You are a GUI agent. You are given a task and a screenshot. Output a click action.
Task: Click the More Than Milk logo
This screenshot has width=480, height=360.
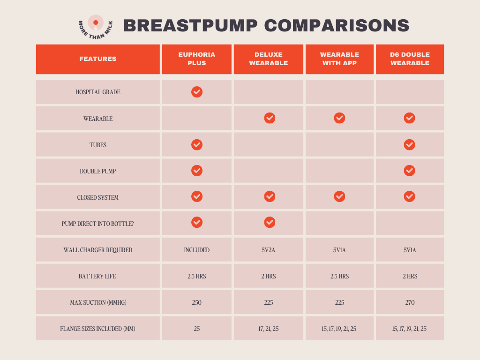click(x=96, y=26)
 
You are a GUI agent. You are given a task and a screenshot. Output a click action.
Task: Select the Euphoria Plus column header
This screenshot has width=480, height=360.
click(x=197, y=59)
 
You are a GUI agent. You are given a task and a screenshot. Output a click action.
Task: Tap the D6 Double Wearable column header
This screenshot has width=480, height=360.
click(x=410, y=59)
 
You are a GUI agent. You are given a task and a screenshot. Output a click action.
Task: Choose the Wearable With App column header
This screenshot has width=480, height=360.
click(x=340, y=59)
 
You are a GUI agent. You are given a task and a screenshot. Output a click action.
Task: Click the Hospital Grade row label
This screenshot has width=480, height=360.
click(x=98, y=92)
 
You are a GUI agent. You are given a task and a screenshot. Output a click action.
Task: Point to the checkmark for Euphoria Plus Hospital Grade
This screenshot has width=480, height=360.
click(x=197, y=92)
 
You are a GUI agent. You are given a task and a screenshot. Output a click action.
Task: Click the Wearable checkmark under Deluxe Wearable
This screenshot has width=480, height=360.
click(x=270, y=118)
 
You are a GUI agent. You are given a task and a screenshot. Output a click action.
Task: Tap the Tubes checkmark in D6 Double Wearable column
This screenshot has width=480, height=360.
click(x=409, y=144)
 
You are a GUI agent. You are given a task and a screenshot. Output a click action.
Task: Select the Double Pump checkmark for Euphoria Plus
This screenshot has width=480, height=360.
click(x=197, y=171)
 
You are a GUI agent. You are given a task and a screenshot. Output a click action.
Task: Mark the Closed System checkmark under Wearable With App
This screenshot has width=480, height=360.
click(x=339, y=197)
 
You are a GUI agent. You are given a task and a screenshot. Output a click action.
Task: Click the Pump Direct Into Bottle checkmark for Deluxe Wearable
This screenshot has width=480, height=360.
click(x=270, y=222)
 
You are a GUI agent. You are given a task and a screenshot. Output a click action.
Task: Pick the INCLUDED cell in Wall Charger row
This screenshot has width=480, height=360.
click(x=197, y=250)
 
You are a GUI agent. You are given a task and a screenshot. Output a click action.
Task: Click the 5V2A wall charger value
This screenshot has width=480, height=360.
click(x=269, y=250)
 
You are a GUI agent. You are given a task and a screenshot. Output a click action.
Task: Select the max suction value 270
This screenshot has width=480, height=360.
click(x=410, y=303)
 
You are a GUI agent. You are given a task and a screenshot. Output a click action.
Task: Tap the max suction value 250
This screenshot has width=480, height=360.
click(x=197, y=303)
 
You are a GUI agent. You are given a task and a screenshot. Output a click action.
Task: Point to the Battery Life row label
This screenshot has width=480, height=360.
click(x=98, y=277)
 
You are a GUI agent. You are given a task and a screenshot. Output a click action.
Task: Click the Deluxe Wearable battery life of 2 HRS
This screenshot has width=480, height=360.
click(x=269, y=277)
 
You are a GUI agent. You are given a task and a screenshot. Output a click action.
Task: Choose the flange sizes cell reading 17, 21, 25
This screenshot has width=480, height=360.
click(x=269, y=329)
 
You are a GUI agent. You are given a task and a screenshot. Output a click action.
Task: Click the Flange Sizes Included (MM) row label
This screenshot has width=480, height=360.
click(x=98, y=329)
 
